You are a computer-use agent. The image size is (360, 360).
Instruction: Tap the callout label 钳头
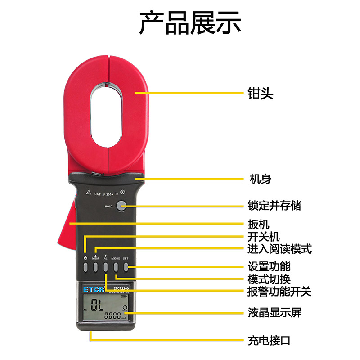pyautogui.click(x=261, y=94)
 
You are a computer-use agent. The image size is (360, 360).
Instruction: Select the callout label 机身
pyautogui.click(x=261, y=179)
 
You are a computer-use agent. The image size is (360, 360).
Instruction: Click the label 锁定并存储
pyautogui.click(x=274, y=206)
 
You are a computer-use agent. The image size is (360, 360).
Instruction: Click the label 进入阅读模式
pyautogui.click(x=279, y=249)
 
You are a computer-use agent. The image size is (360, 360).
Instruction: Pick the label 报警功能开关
pyautogui.click(x=279, y=292)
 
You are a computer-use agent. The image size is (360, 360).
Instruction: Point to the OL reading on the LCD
pyautogui.click(x=96, y=306)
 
